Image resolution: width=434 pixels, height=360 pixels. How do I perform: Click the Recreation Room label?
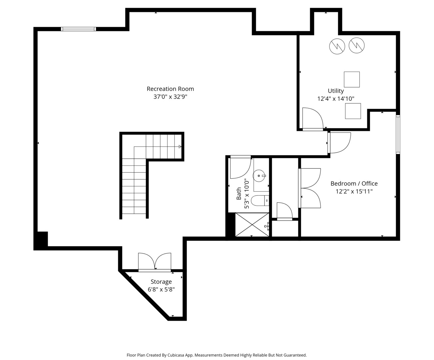pos(170,89)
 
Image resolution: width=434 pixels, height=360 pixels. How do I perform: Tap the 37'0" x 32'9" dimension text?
pos(170,97)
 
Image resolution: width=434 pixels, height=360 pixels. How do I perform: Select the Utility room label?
pos(336,91)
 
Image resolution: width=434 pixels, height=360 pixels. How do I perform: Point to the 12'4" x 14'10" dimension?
pos(336,99)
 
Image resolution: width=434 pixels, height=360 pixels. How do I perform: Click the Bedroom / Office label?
pos(354,183)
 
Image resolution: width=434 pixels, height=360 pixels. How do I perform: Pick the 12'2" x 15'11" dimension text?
pos(354,191)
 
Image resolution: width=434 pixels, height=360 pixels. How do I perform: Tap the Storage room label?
pos(161,282)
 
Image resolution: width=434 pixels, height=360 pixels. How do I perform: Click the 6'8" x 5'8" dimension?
pos(161,289)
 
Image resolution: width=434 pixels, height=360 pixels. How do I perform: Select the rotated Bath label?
pos(239,193)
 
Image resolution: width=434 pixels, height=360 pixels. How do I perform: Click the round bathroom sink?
pos(259,176)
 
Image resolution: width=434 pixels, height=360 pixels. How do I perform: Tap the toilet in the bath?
pos(260,200)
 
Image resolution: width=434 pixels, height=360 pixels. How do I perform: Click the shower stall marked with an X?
pos(252,224)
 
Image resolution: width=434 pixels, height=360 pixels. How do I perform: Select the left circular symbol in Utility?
pos(337,46)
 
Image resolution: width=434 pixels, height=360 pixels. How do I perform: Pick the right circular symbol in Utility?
pos(356,45)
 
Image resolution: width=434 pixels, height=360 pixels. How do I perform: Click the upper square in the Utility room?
pos(352,79)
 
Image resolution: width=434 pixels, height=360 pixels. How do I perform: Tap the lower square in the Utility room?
pos(353,111)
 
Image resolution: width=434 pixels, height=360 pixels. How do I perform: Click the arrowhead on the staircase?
pos(180,147)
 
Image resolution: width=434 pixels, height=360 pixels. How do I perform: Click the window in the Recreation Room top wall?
pos(78,29)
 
